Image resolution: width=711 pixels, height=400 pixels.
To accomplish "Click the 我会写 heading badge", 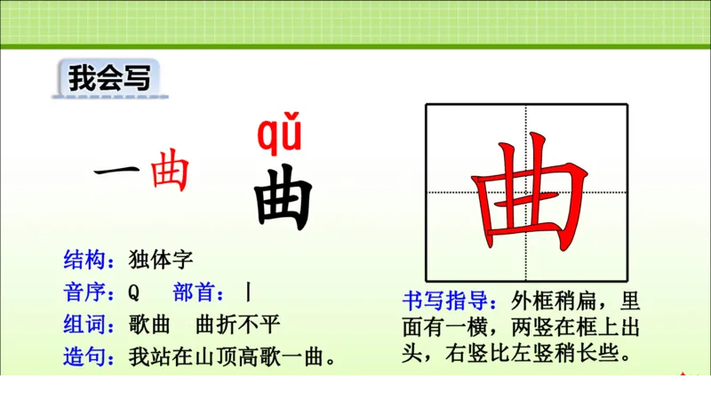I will click(105, 78).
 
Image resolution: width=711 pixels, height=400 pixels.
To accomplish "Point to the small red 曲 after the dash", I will click(170, 172).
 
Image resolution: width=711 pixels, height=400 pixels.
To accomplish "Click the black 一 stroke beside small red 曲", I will click(118, 172).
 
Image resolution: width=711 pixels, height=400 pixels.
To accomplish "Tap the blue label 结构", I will click(87, 260).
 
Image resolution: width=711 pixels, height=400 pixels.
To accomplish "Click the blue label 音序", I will click(87, 292).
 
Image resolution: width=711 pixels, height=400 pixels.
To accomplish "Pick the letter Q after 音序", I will click(134, 292).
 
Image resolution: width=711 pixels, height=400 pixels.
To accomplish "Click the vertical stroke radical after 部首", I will click(250, 292).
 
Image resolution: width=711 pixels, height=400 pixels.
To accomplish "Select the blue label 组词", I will click(87, 324).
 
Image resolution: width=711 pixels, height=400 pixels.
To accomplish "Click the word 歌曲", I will click(148, 324).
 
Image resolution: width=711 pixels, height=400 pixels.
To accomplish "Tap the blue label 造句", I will click(87, 357).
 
